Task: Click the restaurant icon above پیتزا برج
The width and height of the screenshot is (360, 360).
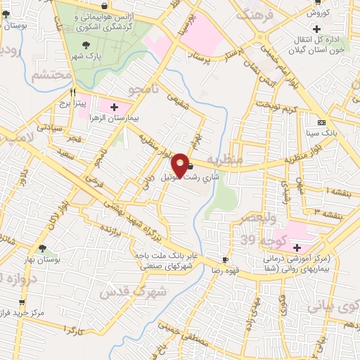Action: pyautogui.click(x=72, y=91)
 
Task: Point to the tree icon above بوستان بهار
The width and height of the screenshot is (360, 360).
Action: pyautogui.click(x=43, y=247)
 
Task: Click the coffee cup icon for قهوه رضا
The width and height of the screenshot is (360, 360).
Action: pyautogui.click(x=225, y=259)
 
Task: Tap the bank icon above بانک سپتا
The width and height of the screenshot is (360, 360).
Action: pyautogui.click(x=321, y=121)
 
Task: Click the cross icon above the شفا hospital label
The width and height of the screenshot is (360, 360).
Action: pyautogui.click(x=297, y=247)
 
